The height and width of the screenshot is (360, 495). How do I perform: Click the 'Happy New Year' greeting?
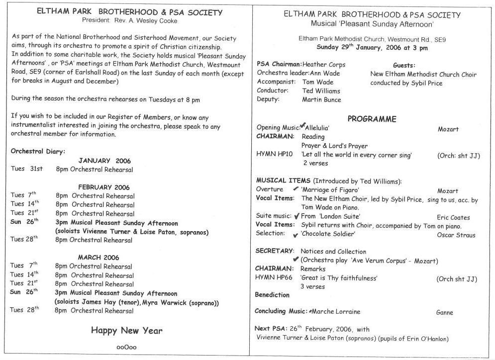pyautogui.click(x=126, y=331)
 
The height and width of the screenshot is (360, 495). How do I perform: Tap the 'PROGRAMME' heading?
pyautogui.click(x=372, y=119)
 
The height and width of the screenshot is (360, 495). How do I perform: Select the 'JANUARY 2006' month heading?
pyautogui.click(x=104, y=161)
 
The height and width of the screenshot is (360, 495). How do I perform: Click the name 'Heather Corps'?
pyautogui.click(x=323, y=64)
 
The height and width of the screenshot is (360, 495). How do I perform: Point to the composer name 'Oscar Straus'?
pyautogui.click(x=456, y=235)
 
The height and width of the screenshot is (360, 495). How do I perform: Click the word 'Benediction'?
pyautogui.click(x=272, y=295)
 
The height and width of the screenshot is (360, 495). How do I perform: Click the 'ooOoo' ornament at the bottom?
pyautogui.click(x=126, y=348)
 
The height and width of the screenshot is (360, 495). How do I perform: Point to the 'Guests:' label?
pyautogui.click(x=403, y=65)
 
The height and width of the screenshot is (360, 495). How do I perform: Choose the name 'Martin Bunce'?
pyautogui.click(x=321, y=99)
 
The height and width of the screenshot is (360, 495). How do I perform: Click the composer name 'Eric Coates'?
pyautogui.click(x=453, y=217)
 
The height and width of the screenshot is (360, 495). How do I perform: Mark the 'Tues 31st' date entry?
pyautogui.click(x=27, y=169)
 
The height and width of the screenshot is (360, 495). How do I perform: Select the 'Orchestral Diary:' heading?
pyautogui.click(x=38, y=151)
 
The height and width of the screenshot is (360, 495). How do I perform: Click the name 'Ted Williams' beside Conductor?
pyautogui.click(x=321, y=91)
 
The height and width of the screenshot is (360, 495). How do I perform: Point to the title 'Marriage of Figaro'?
pyautogui.click(x=330, y=190)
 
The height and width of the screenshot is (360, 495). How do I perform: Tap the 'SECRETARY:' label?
pyautogui.click(x=274, y=251)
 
